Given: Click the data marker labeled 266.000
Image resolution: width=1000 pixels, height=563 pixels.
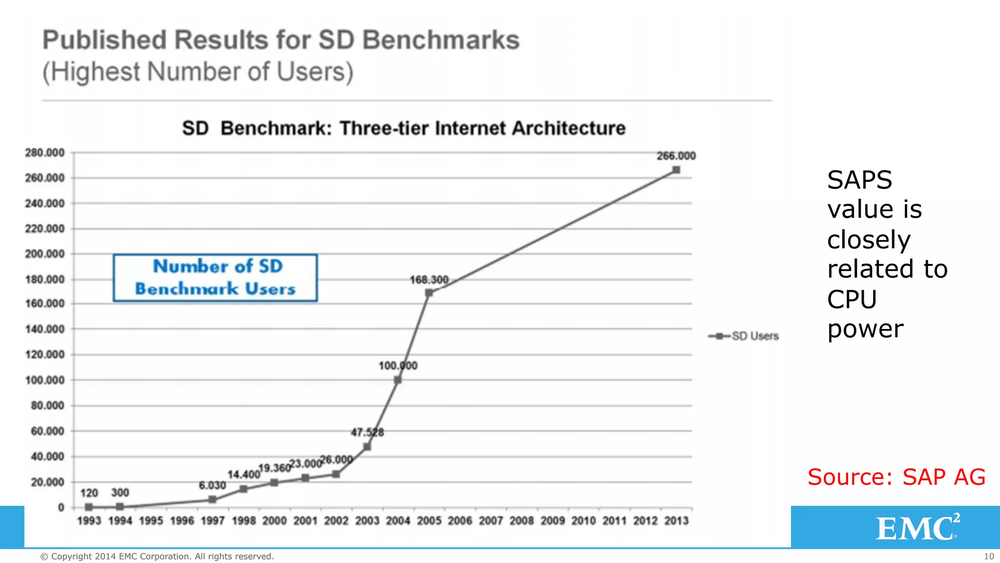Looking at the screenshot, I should (x=676, y=170).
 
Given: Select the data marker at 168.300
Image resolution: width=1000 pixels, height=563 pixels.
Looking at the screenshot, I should (x=429, y=293).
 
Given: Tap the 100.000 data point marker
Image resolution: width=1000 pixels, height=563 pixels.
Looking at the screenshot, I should (x=397, y=380).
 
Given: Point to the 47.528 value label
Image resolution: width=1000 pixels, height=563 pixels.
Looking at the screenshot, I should (x=367, y=432).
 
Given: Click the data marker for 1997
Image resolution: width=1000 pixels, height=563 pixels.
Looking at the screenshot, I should (x=212, y=499).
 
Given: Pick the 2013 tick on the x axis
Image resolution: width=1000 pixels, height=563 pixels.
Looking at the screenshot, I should (x=676, y=521).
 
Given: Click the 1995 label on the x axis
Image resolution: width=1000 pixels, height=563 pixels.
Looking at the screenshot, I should (x=151, y=521).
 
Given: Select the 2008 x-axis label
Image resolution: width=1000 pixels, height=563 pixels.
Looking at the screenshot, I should (x=521, y=521).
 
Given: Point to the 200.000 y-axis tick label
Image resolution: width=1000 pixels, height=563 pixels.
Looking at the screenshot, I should (x=45, y=254).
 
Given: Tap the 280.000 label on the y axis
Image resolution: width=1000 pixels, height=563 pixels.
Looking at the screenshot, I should (x=45, y=153).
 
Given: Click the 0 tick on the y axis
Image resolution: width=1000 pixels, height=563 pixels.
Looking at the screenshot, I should (x=61, y=508).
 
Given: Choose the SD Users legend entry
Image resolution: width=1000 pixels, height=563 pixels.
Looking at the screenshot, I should (x=745, y=336).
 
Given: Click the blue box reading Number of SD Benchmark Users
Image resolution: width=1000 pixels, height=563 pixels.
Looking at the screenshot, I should (x=215, y=278).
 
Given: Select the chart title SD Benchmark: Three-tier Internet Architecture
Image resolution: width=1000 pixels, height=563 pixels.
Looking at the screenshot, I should (x=404, y=129).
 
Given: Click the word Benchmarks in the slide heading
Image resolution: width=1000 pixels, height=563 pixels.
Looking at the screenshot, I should (x=440, y=40).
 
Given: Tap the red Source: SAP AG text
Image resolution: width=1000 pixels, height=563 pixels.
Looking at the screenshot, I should (x=896, y=477).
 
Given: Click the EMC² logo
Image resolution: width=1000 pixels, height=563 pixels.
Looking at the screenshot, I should (x=917, y=527).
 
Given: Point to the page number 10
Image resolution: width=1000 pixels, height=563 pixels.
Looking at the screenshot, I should (x=988, y=557).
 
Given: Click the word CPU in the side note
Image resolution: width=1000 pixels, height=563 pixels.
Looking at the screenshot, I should (x=852, y=299).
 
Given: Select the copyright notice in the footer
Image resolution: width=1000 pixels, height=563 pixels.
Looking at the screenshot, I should (x=157, y=557).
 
